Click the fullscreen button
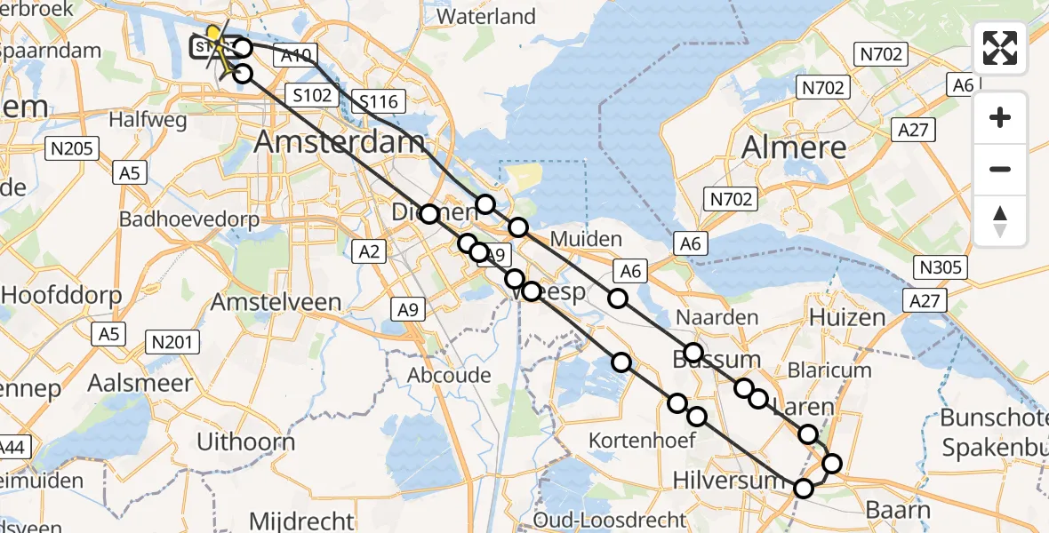[1000, 48]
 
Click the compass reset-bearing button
[1000, 221]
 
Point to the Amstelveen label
[276, 302]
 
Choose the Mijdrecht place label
[302, 520]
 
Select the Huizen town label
[847, 318]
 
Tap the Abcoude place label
[449, 375]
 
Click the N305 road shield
[942, 266]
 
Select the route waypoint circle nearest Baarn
[832, 464]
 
